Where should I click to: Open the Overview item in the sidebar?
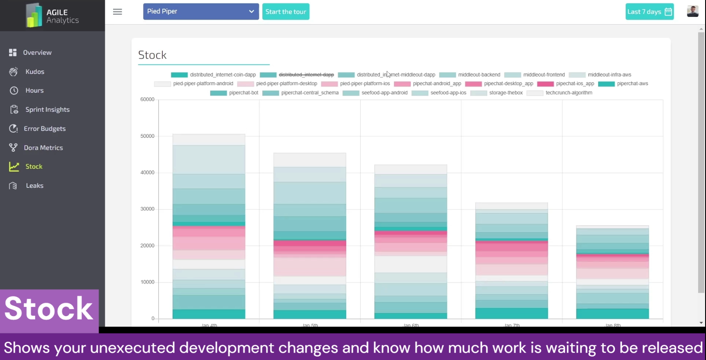coord(37,53)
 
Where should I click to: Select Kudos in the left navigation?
coord(35,72)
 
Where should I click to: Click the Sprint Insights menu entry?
coord(47,110)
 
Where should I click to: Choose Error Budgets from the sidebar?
coord(44,129)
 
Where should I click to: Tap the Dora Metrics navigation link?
coord(43,148)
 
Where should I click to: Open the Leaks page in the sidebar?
coord(34,186)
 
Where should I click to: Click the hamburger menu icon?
coord(117,12)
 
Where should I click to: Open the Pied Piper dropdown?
coord(201,12)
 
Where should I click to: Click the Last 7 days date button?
coord(649,12)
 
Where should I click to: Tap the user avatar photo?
coord(692,11)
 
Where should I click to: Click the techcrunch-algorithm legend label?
coord(569,93)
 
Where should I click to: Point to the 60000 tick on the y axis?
coord(147,100)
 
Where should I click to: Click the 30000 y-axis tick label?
coord(147,209)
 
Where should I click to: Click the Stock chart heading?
coord(152,55)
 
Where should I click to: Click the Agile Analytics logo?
coord(52,16)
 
